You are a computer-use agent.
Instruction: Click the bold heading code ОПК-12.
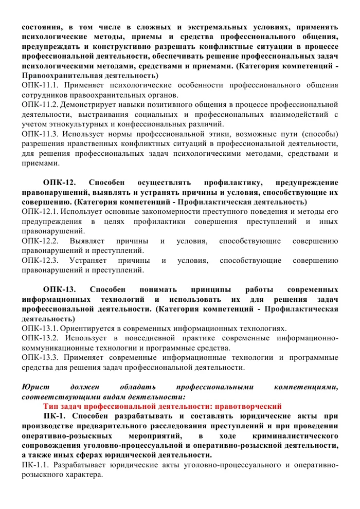coord(60,182)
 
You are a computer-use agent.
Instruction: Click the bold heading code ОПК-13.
coord(60,289)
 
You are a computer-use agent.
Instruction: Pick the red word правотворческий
coord(248,406)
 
